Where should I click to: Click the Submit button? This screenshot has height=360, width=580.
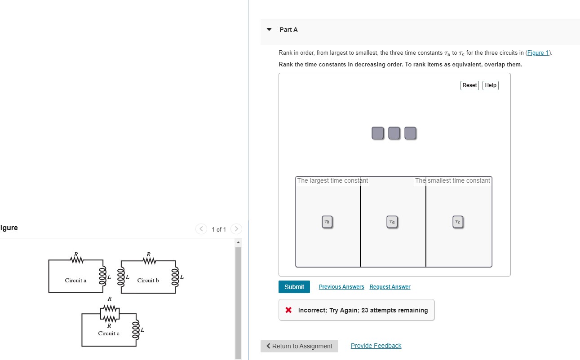click(294, 287)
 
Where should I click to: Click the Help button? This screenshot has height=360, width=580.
click(490, 85)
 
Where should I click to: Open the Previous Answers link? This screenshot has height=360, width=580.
click(341, 287)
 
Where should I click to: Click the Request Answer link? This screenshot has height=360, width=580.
click(390, 287)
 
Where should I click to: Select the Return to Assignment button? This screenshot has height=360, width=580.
click(299, 346)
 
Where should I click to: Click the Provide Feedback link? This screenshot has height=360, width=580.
click(376, 346)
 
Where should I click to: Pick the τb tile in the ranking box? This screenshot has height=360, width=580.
click(327, 222)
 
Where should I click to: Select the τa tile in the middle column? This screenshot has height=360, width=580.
click(392, 222)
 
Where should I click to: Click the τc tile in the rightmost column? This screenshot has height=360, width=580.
click(457, 222)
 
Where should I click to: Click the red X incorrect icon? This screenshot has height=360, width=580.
click(288, 310)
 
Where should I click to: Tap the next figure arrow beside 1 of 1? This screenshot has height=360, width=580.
click(236, 229)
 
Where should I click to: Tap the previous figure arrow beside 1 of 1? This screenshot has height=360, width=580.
click(202, 229)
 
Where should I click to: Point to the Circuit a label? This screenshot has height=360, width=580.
click(75, 281)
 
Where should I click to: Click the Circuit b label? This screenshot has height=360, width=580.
click(148, 281)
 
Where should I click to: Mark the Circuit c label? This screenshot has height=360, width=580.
click(109, 334)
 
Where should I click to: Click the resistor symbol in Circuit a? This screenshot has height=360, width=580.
click(76, 260)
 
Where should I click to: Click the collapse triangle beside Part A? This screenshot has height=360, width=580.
click(269, 30)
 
